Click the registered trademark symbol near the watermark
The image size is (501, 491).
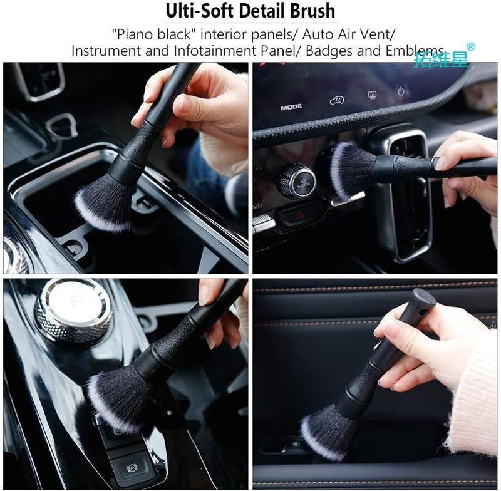coord(471,46)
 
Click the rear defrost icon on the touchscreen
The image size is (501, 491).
coord(372,95)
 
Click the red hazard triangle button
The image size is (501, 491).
coord(298,214)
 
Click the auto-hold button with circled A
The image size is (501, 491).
coord(129,467)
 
